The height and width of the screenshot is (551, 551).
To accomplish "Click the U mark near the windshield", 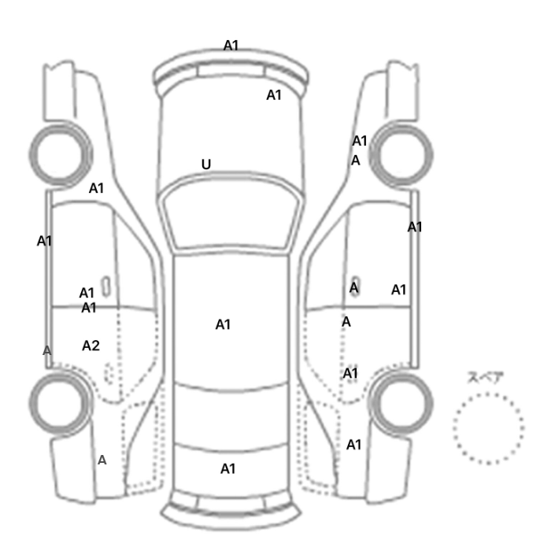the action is [206, 164].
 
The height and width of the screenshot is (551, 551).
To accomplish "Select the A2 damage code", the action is [91, 346].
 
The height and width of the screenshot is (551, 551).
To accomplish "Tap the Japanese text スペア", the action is [486, 378].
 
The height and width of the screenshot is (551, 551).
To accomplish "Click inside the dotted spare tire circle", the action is [489, 429].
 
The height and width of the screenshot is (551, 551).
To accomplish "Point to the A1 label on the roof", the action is [223, 324].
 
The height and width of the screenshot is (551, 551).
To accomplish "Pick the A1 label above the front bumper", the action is [231, 46].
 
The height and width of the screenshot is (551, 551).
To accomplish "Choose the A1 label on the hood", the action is [274, 95].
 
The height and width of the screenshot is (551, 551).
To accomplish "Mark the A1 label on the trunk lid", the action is [227, 469].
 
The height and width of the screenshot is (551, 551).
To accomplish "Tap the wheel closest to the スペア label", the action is [401, 403].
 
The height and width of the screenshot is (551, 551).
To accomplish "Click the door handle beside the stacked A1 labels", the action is [105, 287].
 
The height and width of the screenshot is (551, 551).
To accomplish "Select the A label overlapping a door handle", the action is [354, 288].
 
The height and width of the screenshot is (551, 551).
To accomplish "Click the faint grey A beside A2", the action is [46, 350].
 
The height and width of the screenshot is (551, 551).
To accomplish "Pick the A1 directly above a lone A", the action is [360, 141].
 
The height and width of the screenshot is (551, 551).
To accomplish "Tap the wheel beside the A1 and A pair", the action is [401, 154].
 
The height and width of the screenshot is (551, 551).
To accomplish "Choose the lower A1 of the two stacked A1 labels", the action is [88, 308].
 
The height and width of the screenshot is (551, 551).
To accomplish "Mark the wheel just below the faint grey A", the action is [61, 403].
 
